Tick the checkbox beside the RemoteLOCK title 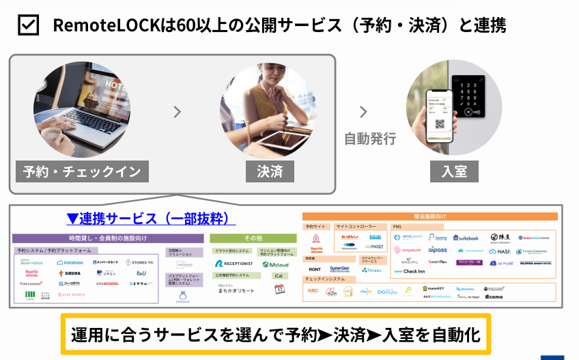coord(28,26)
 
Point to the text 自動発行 coord(369,138)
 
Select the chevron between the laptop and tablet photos coord(178,112)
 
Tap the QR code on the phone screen coord(438,125)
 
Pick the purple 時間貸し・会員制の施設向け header coord(108,238)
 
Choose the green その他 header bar coord(253,238)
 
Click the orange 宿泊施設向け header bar coord(429,217)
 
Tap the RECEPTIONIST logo coord(234,264)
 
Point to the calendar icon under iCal coord(279,289)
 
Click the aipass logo coord(437,251)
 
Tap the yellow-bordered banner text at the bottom coord(276,335)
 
